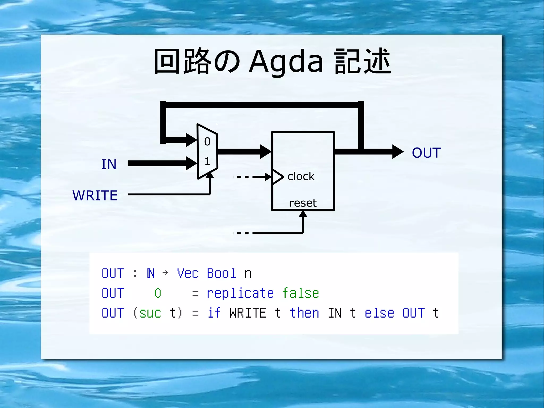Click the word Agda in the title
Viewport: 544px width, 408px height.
point(286,62)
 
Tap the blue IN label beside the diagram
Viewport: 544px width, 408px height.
point(109,165)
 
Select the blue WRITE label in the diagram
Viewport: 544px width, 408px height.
point(95,196)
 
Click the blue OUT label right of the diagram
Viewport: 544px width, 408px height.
point(426,153)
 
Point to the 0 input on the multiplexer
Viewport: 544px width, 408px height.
point(207,142)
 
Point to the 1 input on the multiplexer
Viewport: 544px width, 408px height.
point(207,161)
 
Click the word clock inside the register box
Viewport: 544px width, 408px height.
point(301,176)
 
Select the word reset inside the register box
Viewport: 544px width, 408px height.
point(303,203)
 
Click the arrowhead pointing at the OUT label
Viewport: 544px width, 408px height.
point(398,152)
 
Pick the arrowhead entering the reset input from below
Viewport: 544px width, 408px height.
point(303,214)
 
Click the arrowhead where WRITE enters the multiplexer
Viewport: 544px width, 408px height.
point(210,175)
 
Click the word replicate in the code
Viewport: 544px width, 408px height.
point(240,293)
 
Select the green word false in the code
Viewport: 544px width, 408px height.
point(300,293)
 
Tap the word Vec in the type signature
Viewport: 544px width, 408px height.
point(188,274)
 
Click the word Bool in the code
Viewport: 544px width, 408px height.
point(221,274)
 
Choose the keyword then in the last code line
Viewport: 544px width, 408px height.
point(304,313)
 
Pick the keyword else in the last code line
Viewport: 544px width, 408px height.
point(379,313)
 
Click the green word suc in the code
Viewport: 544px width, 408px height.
point(150,313)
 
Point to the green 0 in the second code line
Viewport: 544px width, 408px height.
point(158,293)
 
